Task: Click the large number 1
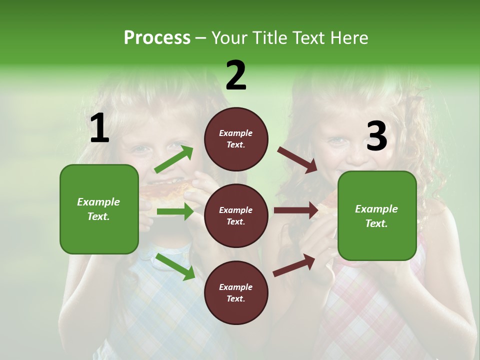99,128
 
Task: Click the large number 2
236,75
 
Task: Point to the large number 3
376,136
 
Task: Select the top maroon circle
236,139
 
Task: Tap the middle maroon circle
236,215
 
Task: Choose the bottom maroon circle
236,292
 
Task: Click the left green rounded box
99,209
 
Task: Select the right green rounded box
377,215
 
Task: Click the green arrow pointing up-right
174,159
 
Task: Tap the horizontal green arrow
175,212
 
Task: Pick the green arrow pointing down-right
175,266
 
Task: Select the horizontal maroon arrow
296,210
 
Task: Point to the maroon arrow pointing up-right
294,265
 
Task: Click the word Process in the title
157,37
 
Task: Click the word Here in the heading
348,37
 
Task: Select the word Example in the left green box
98,202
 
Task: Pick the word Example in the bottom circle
235,287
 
